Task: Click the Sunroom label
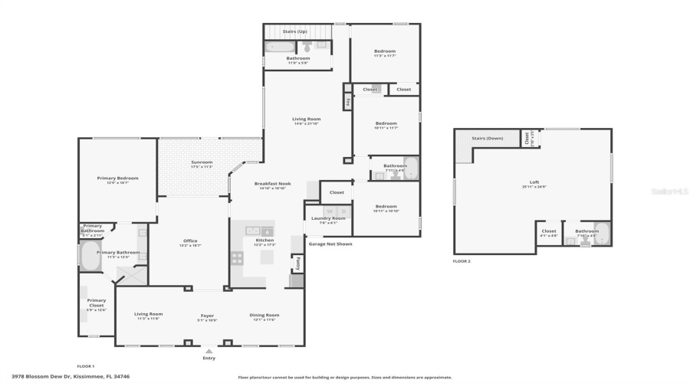click(202, 162)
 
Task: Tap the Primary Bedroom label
click(117, 178)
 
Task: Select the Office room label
click(190, 241)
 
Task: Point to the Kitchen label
click(264, 241)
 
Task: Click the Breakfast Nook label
click(272, 184)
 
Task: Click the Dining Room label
click(264, 315)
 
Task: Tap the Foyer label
click(208, 315)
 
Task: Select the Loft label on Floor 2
click(534, 182)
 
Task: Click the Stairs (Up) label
click(295, 31)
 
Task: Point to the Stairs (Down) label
click(487, 139)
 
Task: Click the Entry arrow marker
click(209, 352)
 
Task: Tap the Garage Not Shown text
click(330, 244)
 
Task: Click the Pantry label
click(296, 263)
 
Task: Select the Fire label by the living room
click(347, 101)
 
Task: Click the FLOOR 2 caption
click(462, 261)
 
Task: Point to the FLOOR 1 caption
click(86, 366)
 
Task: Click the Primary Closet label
click(97, 303)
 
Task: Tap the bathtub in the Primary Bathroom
click(90, 258)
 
